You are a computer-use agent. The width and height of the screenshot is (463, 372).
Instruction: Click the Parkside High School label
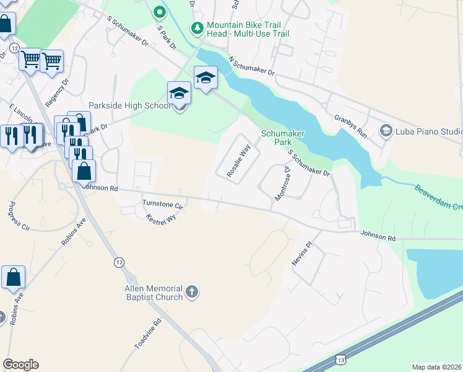click(129, 105)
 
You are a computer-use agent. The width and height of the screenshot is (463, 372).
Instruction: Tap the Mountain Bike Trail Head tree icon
click(197, 28)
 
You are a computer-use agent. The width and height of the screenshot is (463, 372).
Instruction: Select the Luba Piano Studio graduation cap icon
click(386, 130)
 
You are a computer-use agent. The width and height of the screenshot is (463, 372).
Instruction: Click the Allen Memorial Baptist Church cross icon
click(192, 291)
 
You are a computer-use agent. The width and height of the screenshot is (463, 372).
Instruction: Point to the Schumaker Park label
click(280, 137)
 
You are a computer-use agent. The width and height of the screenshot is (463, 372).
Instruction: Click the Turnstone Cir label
click(163, 204)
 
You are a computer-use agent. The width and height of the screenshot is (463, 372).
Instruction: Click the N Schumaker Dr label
click(251, 67)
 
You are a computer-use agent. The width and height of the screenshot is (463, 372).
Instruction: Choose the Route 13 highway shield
click(341, 360)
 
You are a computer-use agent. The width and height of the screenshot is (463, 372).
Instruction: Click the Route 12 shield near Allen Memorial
click(119, 262)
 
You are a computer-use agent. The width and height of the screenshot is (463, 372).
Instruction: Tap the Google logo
click(20, 365)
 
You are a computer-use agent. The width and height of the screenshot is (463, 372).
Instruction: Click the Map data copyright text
click(436, 367)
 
